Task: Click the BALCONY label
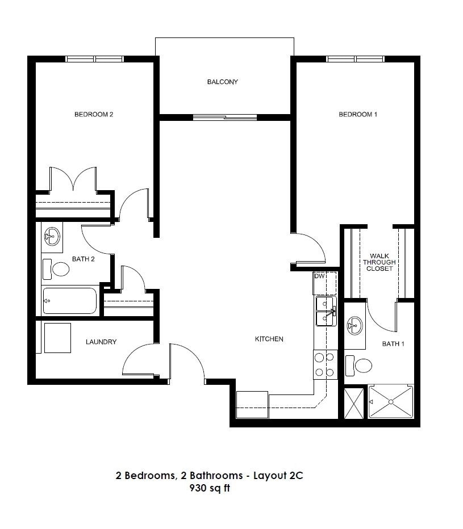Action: [222, 82]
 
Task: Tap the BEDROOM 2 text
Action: [94, 114]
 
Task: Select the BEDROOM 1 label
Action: [358, 114]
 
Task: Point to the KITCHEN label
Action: [269, 339]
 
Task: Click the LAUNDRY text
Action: [101, 342]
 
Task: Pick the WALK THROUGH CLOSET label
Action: [379, 262]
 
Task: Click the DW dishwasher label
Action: [319, 276]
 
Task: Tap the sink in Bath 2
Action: [52, 236]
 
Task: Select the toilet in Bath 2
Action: [56, 269]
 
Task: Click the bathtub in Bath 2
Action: [70, 301]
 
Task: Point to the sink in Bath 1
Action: [354, 326]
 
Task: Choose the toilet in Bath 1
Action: [358, 366]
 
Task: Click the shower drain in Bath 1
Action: [391, 402]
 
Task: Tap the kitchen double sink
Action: [326, 311]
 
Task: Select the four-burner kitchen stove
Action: [325, 365]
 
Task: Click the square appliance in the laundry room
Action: [57, 338]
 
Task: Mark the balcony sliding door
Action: [225, 117]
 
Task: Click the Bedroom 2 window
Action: [94, 59]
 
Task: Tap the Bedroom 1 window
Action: [355, 59]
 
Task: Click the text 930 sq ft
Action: [210, 488]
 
